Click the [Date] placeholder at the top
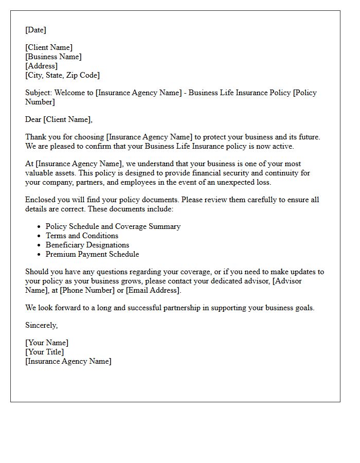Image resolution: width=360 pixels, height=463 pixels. click(35, 30)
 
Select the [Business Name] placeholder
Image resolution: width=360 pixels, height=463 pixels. click(53, 57)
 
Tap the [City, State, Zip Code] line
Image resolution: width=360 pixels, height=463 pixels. click(62, 75)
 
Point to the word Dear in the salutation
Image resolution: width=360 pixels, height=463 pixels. click(33, 119)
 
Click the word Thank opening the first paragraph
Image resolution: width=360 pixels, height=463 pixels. click(35, 137)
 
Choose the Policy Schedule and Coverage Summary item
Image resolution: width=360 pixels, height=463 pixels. click(113, 226)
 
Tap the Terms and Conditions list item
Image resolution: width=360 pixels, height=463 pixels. click(82, 236)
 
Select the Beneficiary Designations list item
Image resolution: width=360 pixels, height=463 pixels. click(87, 245)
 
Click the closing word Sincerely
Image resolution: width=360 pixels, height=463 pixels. click(41, 325)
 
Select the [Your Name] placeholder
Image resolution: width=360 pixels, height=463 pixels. click(47, 343)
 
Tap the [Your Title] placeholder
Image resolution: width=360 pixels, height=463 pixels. click(45, 352)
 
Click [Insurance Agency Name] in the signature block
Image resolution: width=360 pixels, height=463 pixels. click(68, 361)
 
